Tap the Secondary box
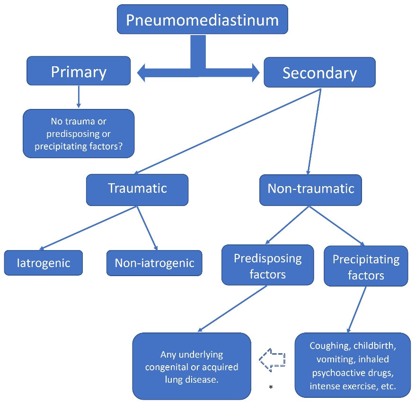[319, 72]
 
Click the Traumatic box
[137, 189]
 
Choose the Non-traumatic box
[310, 189]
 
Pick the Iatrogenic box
[44, 263]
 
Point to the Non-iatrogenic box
[154, 263]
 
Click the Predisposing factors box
[267, 265]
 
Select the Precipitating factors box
[366, 266]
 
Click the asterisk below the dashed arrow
[271, 388]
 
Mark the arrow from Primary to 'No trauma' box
[78, 97]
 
